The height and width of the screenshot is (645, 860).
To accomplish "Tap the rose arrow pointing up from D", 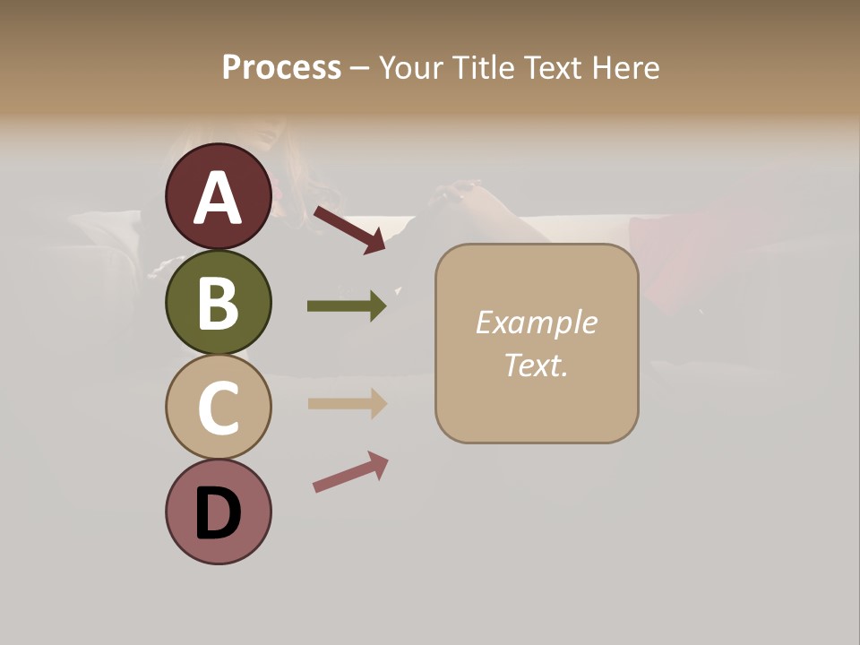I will [350, 472].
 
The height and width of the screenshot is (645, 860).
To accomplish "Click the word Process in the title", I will [281, 68].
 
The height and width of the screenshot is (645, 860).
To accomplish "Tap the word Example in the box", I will [536, 322].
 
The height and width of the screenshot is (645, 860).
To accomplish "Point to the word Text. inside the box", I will [536, 365].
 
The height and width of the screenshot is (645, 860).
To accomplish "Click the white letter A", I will [218, 198].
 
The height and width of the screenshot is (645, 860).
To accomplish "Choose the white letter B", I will [218, 303].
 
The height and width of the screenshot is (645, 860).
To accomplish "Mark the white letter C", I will [218, 408].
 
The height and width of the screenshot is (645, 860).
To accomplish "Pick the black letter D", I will [218, 513].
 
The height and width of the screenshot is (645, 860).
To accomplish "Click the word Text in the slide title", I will [551, 68].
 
